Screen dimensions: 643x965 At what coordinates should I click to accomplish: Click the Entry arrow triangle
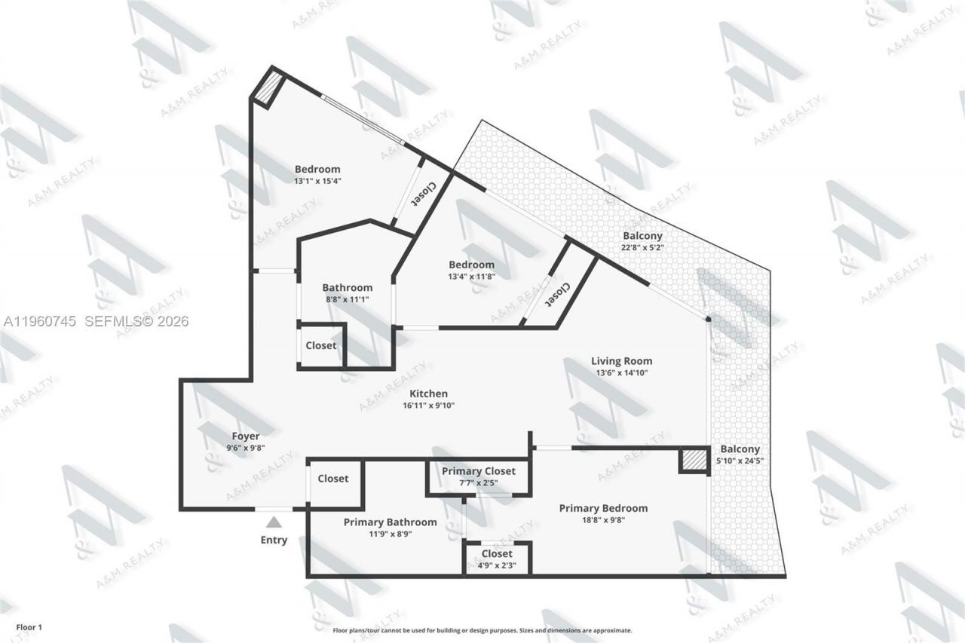274,522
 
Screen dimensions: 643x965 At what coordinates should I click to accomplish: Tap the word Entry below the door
274,540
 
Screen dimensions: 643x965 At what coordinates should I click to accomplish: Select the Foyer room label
246,436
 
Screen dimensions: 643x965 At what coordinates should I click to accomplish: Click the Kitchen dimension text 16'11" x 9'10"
429,406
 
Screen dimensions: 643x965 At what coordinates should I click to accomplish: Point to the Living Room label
621,361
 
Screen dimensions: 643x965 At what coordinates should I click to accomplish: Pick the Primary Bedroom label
603,508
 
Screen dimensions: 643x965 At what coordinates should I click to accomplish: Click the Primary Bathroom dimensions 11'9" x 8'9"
390,534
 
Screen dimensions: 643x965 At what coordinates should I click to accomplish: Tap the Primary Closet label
479,471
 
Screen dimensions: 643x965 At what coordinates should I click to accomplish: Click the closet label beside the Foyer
333,479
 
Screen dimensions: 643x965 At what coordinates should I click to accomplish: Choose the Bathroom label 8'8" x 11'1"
348,287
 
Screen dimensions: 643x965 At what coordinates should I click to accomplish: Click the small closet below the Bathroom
321,346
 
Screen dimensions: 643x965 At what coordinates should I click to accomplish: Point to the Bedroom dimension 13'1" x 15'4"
317,181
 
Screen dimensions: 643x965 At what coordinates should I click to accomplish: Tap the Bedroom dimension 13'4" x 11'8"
472,276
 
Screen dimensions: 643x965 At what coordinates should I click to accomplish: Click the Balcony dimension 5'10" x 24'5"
740,461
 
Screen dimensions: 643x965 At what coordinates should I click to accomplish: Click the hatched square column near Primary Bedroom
694,461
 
